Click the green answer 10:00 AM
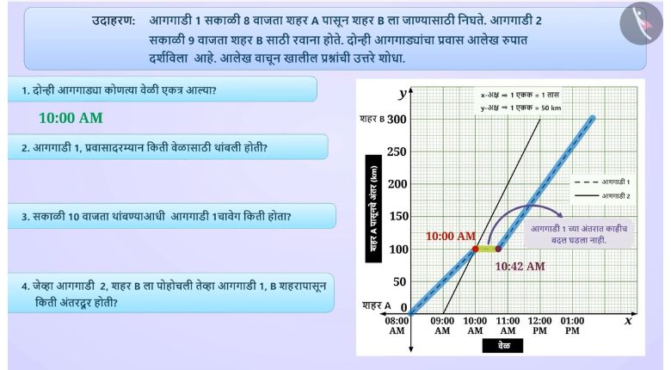pos(71,118)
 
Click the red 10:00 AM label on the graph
pos(451,236)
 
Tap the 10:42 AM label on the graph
pos(520,267)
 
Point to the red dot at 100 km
pos(475,249)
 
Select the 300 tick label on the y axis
pos(397,119)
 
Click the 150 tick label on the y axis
pos(398,216)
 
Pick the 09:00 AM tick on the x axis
pos(442,325)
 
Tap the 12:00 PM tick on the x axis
pos(539,325)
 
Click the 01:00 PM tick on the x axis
pos(572,325)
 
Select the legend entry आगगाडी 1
pos(602,182)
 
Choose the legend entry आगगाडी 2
pos(602,196)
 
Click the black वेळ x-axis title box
pos(502,346)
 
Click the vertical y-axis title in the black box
pos(373,208)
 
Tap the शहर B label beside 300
pos(372,119)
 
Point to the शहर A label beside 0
pos(377,305)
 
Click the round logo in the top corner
pos(642,23)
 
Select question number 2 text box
pos(168,147)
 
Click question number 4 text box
pos(170,293)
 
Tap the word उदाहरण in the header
pos(114,21)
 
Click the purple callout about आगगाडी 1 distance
pos(579,234)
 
